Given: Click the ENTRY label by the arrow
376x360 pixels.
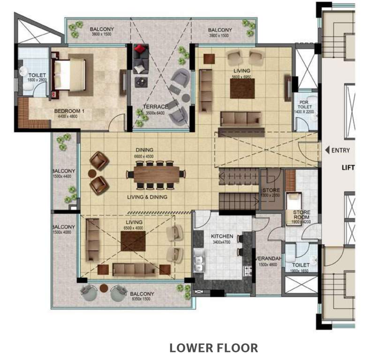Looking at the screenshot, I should pos(340,150).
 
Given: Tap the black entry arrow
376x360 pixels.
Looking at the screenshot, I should pos(327,150).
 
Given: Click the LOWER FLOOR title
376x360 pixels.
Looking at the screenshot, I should pos(213,348).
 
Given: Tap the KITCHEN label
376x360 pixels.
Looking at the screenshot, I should pos(222,236).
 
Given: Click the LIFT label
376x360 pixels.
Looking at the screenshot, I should pos(347,167).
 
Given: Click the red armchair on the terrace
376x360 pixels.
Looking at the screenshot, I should pos(140,50).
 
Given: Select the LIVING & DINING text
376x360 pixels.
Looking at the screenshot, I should pos(147,197).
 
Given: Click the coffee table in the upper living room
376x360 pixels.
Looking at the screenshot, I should pos(242,88).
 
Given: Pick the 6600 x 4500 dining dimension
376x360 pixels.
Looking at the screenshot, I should pos(144,157).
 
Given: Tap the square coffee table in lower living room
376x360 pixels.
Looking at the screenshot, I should pos(133,241).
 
